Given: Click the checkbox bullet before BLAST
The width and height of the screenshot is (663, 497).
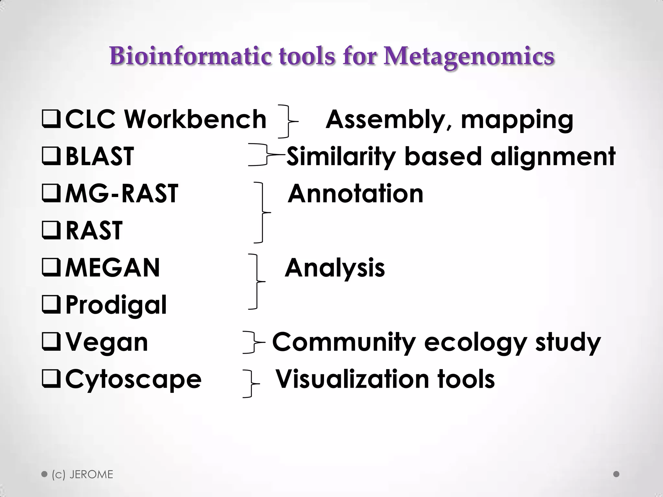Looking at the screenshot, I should [x=51, y=156].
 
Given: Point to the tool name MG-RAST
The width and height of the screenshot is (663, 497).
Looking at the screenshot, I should [x=121, y=193].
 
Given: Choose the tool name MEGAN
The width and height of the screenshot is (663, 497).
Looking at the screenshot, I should [x=112, y=268].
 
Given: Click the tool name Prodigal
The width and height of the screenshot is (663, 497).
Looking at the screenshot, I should [x=116, y=305].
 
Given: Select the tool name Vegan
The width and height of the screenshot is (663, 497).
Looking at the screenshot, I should [x=107, y=342].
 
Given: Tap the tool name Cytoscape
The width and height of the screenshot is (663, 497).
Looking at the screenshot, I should [x=133, y=379].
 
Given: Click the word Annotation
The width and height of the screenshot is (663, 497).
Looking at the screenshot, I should [x=355, y=194].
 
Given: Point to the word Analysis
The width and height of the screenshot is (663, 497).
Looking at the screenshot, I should [x=335, y=268].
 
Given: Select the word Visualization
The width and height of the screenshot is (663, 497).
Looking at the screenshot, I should [x=353, y=379].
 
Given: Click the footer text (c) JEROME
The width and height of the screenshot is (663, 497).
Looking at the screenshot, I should [x=82, y=474].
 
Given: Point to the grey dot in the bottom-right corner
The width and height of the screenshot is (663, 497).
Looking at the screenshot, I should [x=616, y=474].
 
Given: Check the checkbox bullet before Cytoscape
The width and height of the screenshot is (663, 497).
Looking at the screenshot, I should [x=51, y=379].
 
